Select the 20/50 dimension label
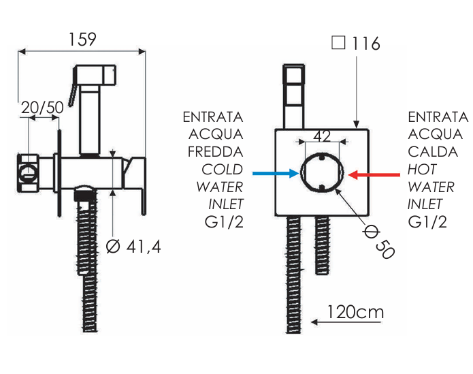click(42, 108)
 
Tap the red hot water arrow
click(375, 174)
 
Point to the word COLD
click(222, 169)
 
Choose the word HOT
click(422, 169)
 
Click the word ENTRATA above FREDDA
click(213, 116)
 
